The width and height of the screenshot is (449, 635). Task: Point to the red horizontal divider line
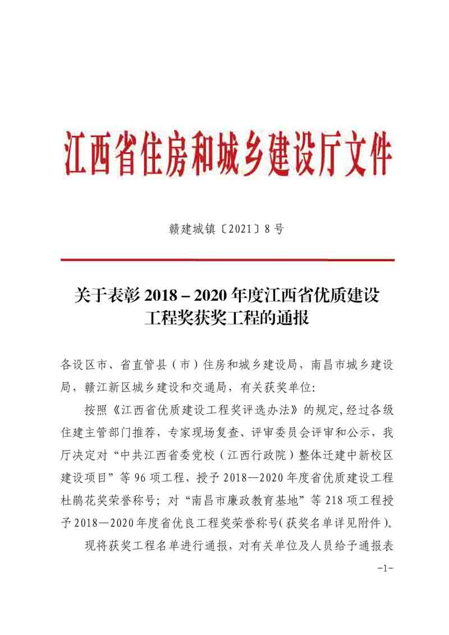tap(227, 260)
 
